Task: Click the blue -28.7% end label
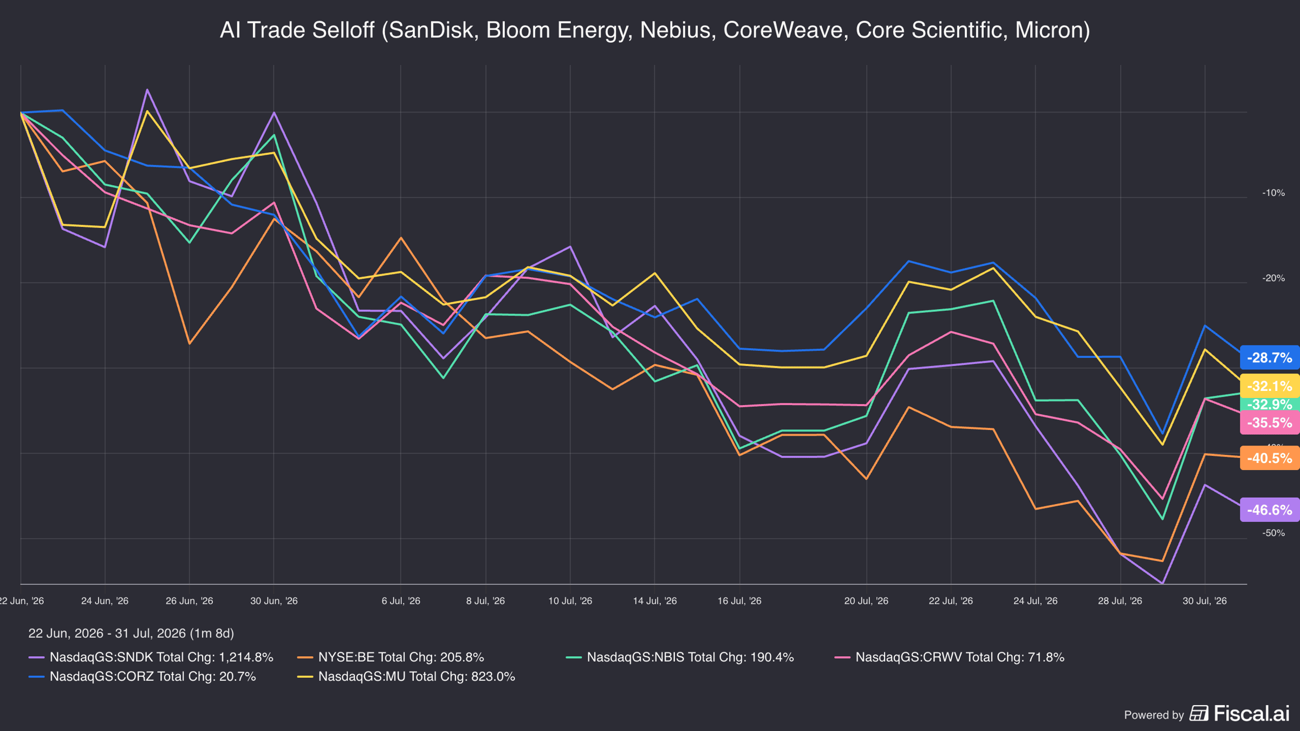[x=1270, y=357]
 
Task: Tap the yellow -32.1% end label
[x=1270, y=386]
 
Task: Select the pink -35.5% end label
[x=1270, y=422]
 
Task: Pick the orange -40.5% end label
[x=1270, y=458]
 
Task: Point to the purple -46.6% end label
[x=1270, y=510]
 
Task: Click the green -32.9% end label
[x=1270, y=404]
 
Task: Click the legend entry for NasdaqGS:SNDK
[x=151, y=657]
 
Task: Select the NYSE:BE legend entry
[x=391, y=657]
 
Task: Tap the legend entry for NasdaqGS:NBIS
[x=680, y=657]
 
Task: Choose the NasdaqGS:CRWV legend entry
[x=950, y=657]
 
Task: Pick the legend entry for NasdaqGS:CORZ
[x=142, y=677]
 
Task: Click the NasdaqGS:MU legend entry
[x=406, y=677]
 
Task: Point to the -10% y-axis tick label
[x=1273, y=193]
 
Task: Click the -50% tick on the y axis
[x=1273, y=533]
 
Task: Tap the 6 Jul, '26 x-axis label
[x=401, y=601]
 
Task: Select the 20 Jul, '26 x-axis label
[x=866, y=601]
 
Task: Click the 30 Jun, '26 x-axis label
[x=274, y=601]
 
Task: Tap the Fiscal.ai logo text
[x=1251, y=714]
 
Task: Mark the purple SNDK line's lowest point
[x=1162, y=584]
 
